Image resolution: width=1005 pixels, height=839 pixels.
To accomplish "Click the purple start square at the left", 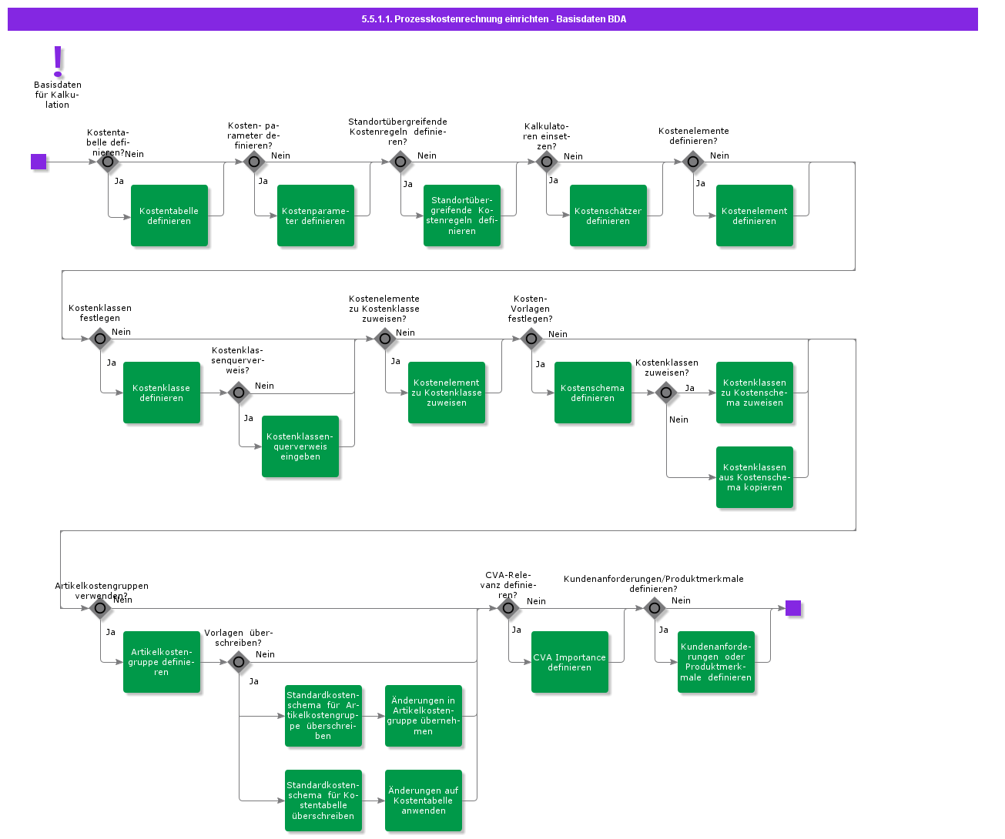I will click(39, 162).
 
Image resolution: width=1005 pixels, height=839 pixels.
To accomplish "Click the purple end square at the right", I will click(793, 608).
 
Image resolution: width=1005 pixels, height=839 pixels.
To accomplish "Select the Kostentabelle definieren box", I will click(169, 216).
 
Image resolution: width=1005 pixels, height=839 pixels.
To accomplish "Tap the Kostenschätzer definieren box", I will click(608, 216).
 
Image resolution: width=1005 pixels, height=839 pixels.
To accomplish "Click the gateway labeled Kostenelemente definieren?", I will click(693, 162).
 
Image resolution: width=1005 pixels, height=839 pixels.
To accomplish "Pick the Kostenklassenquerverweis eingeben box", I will click(300, 446).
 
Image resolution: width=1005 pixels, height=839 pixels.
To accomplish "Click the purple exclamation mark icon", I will click(58, 62).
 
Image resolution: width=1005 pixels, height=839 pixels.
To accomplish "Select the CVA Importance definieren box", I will click(570, 662).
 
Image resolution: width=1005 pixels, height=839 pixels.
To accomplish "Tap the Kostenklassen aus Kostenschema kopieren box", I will click(755, 477).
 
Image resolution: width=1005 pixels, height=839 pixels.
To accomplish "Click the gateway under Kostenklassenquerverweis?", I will click(239, 393).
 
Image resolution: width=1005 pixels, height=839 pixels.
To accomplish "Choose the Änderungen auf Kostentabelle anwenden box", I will click(424, 801).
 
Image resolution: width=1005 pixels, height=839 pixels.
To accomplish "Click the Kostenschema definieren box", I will click(593, 393).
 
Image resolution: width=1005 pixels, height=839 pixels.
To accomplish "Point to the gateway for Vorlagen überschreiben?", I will click(239, 662).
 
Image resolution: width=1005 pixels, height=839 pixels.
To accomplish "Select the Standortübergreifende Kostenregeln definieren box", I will click(462, 216).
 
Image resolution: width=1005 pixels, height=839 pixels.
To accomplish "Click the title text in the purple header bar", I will click(494, 19).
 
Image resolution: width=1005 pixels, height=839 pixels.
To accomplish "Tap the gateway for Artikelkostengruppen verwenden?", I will click(100, 608).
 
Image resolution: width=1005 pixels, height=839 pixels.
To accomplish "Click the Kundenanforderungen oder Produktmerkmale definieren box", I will click(716, 662).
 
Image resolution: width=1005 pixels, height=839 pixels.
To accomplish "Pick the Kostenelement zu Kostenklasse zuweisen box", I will click(447, 393).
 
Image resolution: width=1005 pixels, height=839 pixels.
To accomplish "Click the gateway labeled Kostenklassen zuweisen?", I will click(666, 393).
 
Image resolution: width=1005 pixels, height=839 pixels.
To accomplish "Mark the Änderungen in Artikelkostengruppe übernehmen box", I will click(424, 716).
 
